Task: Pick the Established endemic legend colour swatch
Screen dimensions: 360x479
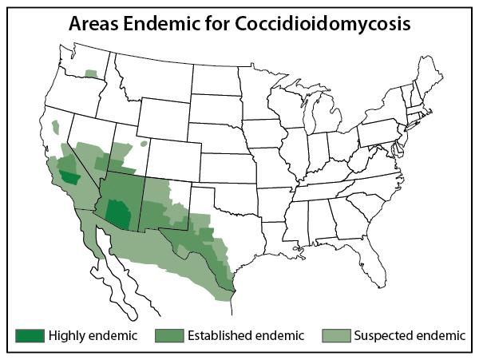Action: coord(168,335)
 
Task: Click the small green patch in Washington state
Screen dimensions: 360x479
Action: coord(92,73)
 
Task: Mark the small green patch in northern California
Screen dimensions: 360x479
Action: coord(56,127)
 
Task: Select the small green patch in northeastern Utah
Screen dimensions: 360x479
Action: coord(144,144)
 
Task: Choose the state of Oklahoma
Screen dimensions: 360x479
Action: coord(239,200)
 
